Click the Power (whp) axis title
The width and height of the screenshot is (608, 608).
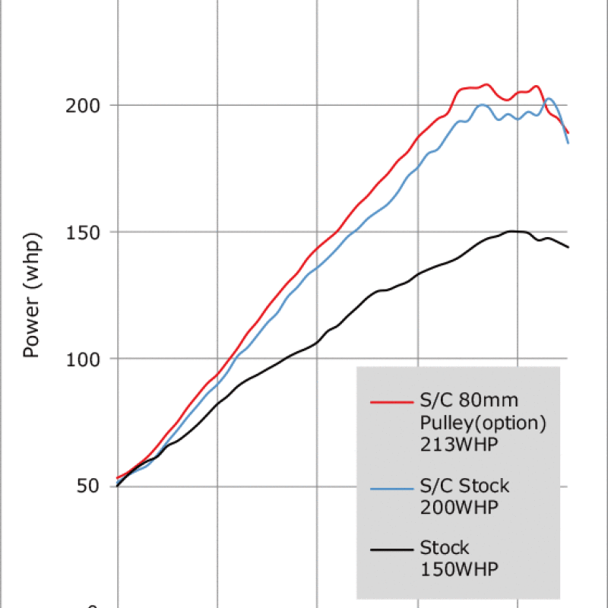click(x=31, y=296)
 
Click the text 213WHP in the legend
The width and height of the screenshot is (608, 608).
click(x=459, y=445)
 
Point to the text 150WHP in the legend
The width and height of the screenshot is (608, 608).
click(x=459, y=570)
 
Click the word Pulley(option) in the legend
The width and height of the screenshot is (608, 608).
click(x=483, y=423)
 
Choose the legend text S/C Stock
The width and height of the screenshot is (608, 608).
click(x=464, y=485)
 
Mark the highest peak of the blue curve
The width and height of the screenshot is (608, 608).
click(x=549, y=98)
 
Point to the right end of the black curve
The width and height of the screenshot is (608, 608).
click(x=568, y=247)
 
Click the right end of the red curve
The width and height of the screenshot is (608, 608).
click(x=568, y=133)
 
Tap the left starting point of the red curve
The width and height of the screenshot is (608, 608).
click(x=117, y=478)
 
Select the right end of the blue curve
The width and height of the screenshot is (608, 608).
click(x=568, y=142)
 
